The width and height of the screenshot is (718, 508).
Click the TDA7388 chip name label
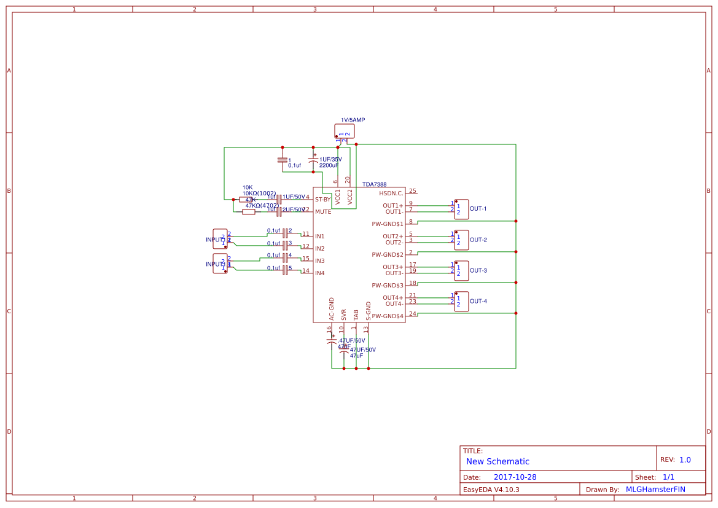(374, 184)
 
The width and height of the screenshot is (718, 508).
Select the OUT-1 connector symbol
(461, 209)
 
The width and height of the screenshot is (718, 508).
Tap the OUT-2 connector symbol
(461, 240)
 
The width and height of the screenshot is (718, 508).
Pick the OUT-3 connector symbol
(461, 270)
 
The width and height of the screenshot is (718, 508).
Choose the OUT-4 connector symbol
(461, 301)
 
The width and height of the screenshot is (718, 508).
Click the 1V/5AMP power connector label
(353, 120)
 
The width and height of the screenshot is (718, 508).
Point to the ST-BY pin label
(322, 200)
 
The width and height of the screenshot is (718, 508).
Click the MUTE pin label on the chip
(323, 212)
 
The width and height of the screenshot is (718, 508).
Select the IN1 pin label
(319, 236)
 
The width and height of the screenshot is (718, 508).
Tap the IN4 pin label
(319, 273)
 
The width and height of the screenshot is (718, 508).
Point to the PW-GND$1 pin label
(388, 224)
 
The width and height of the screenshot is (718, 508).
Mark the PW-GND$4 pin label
(388, 316)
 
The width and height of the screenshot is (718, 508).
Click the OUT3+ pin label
(393, 267)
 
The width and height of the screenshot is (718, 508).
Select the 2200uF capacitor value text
(329, 165)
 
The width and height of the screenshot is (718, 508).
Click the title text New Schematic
(498, 461)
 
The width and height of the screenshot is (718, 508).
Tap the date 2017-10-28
(515, 477)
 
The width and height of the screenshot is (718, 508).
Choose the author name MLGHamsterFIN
(655, 490)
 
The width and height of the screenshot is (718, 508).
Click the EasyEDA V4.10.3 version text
(491, 490)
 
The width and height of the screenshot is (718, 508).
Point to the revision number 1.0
(685, 459)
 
